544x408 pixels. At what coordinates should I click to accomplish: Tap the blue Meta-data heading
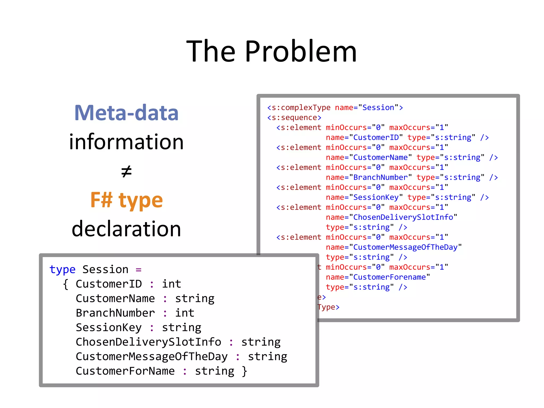126,113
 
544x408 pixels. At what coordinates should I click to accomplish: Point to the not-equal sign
126,171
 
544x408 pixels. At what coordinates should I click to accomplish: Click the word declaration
126,229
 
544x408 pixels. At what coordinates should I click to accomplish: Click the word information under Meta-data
126,142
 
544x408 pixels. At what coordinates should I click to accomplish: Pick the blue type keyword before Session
62,270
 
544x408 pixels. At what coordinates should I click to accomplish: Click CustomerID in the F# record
109,284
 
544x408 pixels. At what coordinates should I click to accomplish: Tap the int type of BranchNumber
185,313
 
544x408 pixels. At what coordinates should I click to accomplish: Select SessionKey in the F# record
109,328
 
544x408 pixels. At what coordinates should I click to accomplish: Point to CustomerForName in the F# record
125,371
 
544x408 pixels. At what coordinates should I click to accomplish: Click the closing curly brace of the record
244,371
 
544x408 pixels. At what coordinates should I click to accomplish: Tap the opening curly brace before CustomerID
66,284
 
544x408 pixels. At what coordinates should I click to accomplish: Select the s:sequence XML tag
294,117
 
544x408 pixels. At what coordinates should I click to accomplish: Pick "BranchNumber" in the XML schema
380,177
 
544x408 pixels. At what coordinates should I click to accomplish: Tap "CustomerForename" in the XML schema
389,277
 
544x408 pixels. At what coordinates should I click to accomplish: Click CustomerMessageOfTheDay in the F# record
152,356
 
